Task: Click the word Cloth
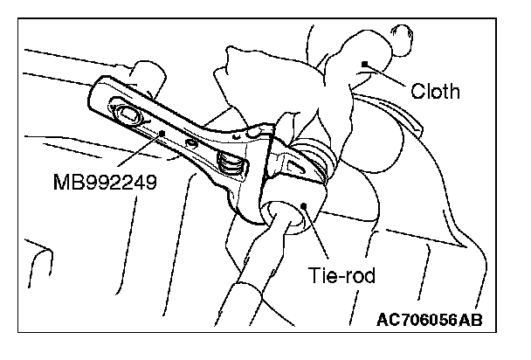[x=434, y=91]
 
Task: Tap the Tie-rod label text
[x=341, y=275]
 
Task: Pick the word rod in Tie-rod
[x=358, y=275]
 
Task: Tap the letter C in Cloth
[x=416, y=91]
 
